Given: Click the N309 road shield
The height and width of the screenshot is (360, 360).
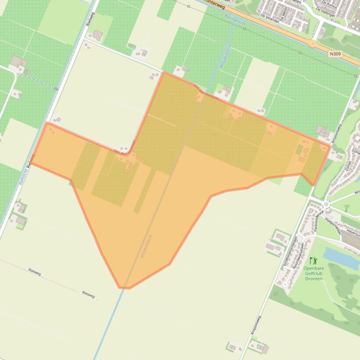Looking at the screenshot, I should tap(335, 54).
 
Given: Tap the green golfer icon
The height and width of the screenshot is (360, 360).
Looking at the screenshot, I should tap(313, 260).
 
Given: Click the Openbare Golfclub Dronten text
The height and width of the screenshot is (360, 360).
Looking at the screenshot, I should tap(314, 273).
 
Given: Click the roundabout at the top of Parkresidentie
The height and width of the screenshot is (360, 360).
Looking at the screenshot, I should tap(326, 204).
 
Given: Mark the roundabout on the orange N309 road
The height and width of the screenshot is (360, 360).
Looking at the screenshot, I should tap(313, 44).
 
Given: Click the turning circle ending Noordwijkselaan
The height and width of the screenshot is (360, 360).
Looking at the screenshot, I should tap(284, 285).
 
